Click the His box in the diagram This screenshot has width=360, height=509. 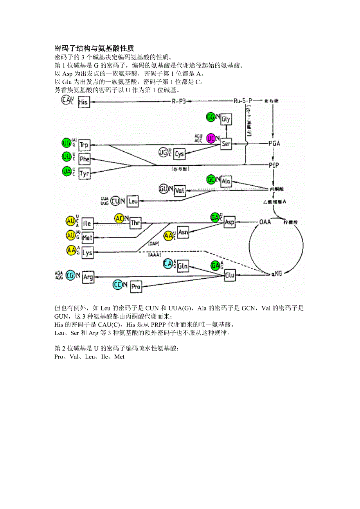click(x=84, y=102)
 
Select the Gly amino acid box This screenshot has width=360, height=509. click(x=226, y=119)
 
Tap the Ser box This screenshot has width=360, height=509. click(x=226, y=144)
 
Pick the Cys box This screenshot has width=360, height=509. click(x=179, y=154)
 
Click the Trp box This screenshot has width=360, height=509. click(x=84, y=145)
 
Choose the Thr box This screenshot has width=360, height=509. click(x=135, y=223)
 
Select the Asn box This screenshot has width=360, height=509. click(x=183, y=232)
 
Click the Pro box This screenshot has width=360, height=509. click(x=136, y=287)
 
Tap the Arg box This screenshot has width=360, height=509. click(x=88, y=277)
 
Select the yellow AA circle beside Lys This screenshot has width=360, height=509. click(x=71, y=250)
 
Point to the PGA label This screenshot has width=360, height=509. click(x=274, y=143)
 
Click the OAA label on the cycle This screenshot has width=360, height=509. click(x=265, y=222)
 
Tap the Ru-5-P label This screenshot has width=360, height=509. click(x=243, y=101)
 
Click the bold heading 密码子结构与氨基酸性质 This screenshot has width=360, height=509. click(x=94, y=48)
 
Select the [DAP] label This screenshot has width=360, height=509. click(x=154, y=244)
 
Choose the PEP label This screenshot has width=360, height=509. click(x=274, y=165)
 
